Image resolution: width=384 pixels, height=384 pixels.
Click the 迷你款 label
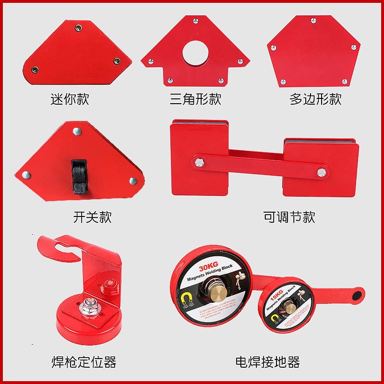(70, 99)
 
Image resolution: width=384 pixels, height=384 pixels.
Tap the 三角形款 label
(195, 99)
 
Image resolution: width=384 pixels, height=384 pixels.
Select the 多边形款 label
(315, 99)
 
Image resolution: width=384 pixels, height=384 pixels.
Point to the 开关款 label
(93, 217)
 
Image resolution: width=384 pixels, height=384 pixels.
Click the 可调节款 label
(289, 217)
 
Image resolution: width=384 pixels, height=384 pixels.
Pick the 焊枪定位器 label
(84, 362)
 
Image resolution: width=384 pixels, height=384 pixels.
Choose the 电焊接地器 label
(267, 362)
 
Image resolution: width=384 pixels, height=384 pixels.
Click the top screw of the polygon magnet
(314, 20)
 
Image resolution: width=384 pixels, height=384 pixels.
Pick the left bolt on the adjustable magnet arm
(199, 162)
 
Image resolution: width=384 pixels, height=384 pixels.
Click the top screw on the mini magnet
(78, 28)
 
